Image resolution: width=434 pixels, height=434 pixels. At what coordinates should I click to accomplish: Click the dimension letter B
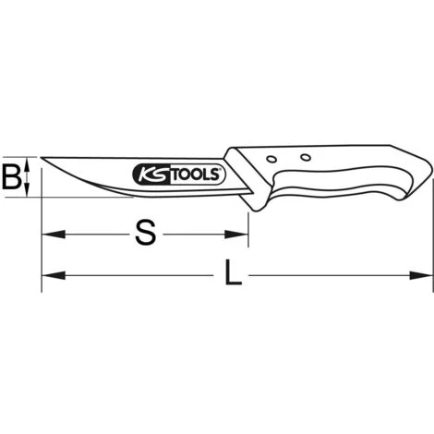coord(12,177)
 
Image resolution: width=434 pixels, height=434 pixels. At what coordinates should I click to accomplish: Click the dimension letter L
coord(233,272)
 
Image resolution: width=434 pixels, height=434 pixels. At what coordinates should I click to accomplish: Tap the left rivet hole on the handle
coord(271,159)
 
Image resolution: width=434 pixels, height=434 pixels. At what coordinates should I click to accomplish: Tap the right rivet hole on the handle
coord(306,158)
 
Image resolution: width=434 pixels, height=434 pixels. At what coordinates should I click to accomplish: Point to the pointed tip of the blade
coord(42,158)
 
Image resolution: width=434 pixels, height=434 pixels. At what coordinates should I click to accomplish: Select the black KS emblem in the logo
coord(151,175)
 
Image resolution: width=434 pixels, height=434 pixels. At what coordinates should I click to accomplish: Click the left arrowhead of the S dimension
coord(54,235)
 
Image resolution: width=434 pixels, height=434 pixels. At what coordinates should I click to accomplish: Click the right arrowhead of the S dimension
coord(236,235)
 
